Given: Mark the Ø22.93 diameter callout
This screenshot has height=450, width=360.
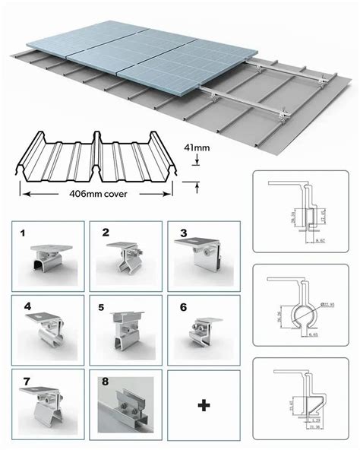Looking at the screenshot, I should point(327,306).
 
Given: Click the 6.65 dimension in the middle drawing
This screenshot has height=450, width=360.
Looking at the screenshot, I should point(314,332).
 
